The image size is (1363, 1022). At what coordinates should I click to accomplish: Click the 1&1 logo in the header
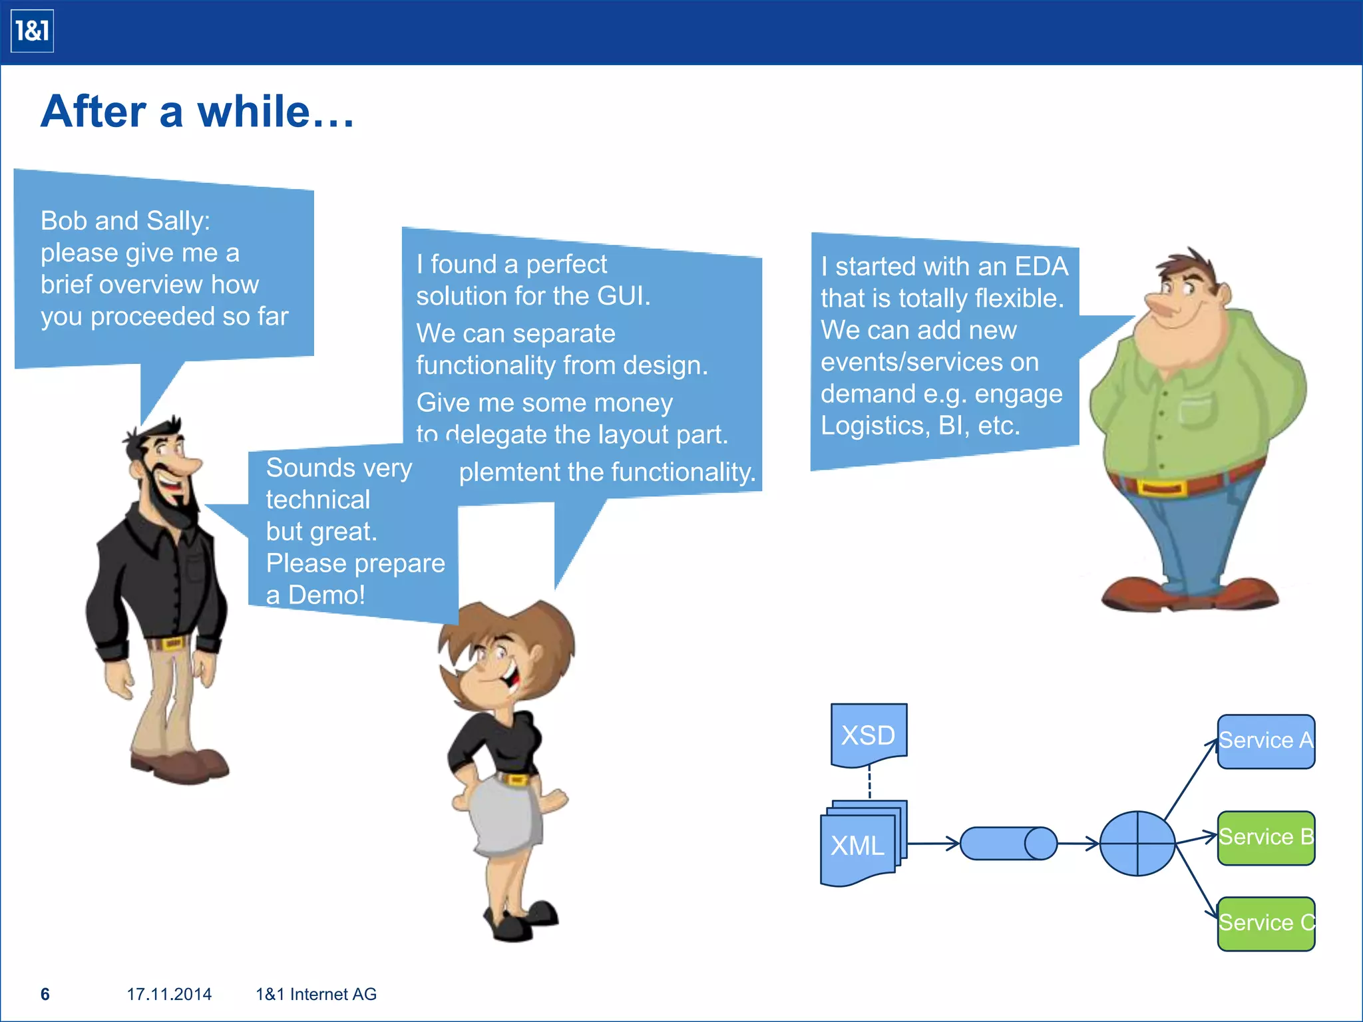point(32,31)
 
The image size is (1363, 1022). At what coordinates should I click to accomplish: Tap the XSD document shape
point(869,734)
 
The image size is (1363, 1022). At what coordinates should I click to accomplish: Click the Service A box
point(1266,741)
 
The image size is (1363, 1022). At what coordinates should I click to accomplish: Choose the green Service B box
point(1266,838)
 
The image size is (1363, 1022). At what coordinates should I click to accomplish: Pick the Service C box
point(1266,924)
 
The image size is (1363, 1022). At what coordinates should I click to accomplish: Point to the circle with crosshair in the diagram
point(1137,844)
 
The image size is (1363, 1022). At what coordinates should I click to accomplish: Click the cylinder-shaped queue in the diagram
point(1008,844)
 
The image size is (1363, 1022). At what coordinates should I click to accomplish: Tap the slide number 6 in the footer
point(45,994)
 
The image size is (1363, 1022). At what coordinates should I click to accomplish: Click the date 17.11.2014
point(169,994)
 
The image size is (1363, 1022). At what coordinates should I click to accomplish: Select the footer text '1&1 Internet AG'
point(316,994)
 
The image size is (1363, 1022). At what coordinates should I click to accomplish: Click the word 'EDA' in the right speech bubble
point(1041,267)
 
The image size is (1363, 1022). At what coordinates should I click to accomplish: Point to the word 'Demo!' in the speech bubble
point(326,595)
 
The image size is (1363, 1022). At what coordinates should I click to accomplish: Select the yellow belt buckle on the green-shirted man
point(1161,488)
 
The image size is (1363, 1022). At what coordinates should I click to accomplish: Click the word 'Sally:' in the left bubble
point(178,221)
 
